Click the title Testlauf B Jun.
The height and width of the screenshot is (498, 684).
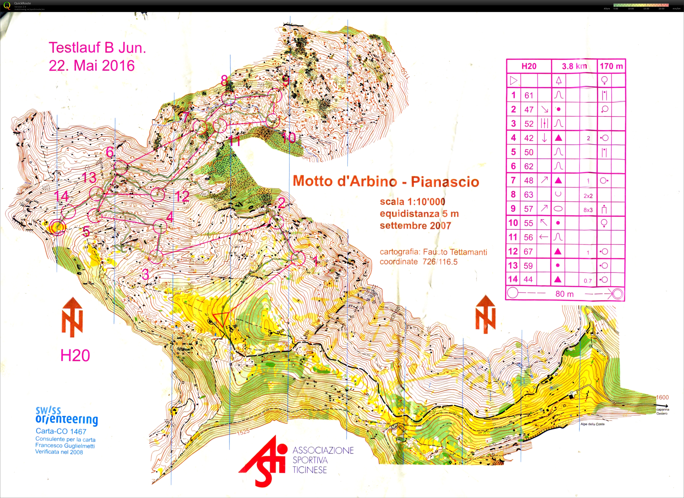(x=97, y=48)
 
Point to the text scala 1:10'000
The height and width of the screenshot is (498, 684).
(x=412, y=202)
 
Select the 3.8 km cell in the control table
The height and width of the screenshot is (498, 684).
(x=574, y=66)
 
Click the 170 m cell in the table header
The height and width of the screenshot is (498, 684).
(x=611, y=66)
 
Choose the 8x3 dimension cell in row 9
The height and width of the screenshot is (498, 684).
(x=588, y=210)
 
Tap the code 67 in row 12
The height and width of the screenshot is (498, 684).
(x=528, y=251)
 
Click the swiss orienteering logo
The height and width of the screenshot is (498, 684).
(x=66, y=416)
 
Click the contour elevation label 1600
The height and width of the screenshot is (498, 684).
(x=662, y=397)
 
